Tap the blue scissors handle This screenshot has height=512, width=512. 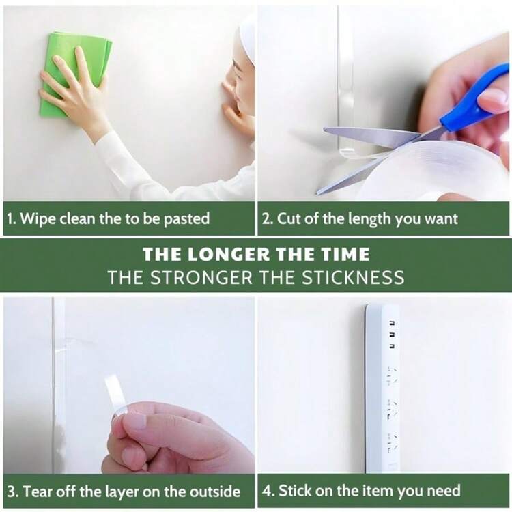coord(475,98)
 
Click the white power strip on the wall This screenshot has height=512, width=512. coord(383,388)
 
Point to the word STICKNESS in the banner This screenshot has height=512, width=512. coord(353,278)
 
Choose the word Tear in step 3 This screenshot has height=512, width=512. coord(38,491)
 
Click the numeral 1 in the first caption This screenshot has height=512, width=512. coord(11,218)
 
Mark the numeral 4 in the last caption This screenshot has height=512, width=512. coord(268,491)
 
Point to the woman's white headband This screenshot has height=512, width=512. coord(248,42)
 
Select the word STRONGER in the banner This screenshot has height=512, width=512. coord(201,278)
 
